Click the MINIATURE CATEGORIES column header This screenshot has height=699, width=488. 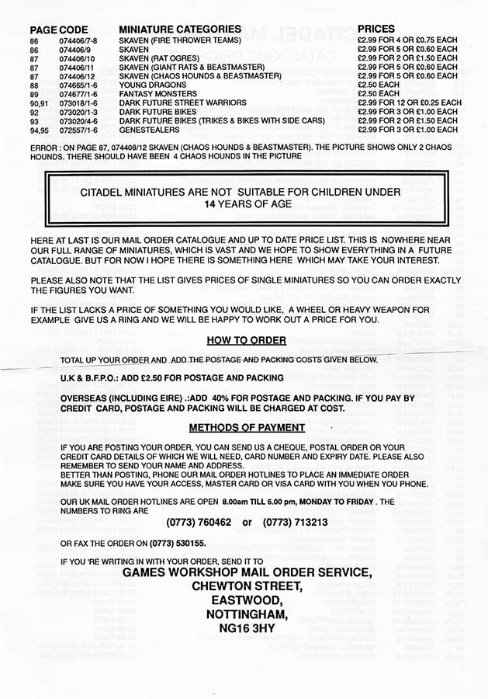click(x=179, y=29)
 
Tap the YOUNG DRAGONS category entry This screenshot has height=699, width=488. click(x=149, y=85)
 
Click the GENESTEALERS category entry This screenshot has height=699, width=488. click(x=148, y=130)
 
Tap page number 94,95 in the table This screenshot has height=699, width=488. click(x=40, y=130)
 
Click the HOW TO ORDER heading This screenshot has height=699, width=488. click(x=246, y=340)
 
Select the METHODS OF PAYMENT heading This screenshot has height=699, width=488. click(x=247, y=428)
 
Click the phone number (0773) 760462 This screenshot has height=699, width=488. click(x=199, y=522)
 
